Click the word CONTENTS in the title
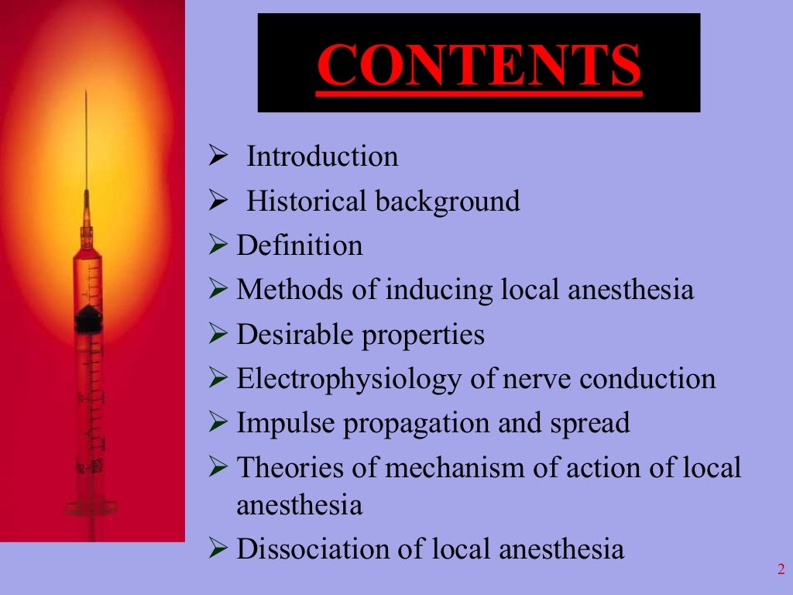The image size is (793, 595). pyautogui.click(x=479, y=66)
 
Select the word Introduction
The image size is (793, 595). pyautogui.click(x=322, y=156)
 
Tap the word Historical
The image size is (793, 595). pyautogui.click(x=307, y=201)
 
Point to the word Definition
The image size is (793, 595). pyautogui.click(x=300, y=246)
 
